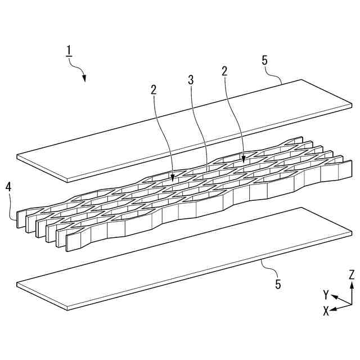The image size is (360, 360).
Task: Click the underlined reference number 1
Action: point(69,51)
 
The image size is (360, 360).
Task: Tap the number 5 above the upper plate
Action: point(264,60)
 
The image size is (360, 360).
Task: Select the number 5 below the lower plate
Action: point(277,283)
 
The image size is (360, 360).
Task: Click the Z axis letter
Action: point(351,275)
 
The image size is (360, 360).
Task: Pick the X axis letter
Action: point(326,311)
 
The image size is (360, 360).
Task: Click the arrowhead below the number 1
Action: point(84,78)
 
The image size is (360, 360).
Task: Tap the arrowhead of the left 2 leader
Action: point(173,179)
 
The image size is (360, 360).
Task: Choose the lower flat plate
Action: point(186,256)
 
